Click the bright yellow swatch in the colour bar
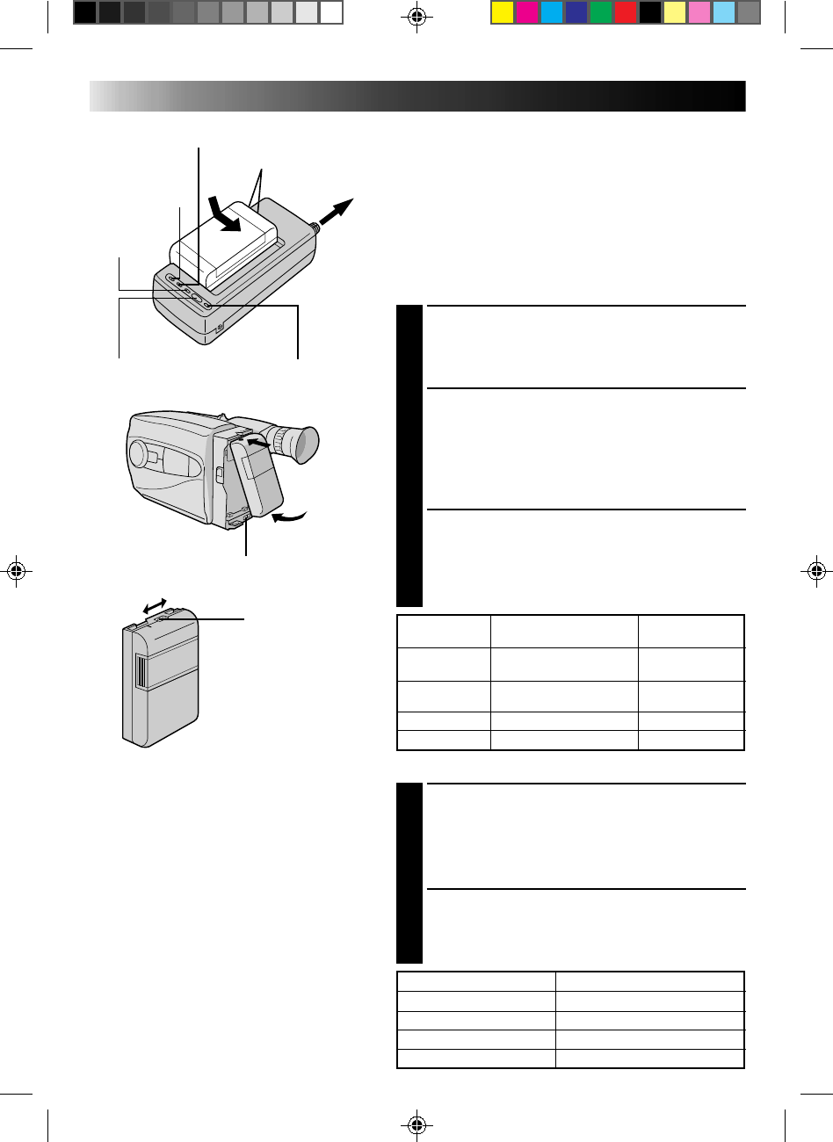502,12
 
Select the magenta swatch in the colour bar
526,12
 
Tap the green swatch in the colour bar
600,12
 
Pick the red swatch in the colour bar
625,12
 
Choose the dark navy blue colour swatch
576,12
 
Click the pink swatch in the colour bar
699,12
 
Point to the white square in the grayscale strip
330,12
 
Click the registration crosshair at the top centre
416,17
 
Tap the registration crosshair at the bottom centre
416,1125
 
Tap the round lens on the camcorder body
138,453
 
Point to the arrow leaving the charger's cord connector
337,213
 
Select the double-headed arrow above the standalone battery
155,605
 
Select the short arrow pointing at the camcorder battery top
257,445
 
